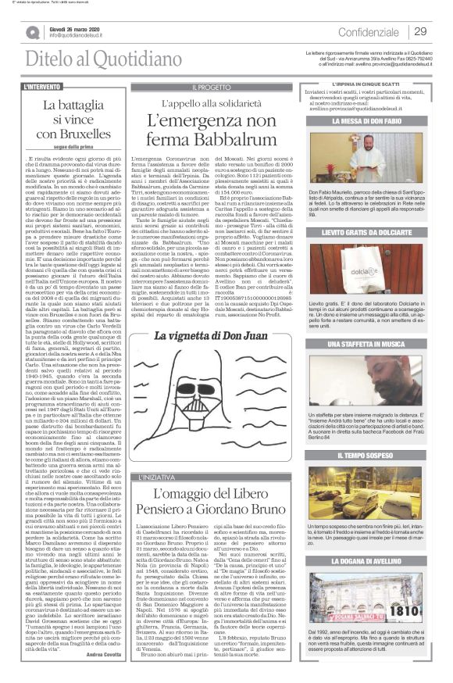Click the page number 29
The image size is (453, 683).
click(x=420, y=31)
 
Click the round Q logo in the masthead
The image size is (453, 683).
click(x=32, y=32)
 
